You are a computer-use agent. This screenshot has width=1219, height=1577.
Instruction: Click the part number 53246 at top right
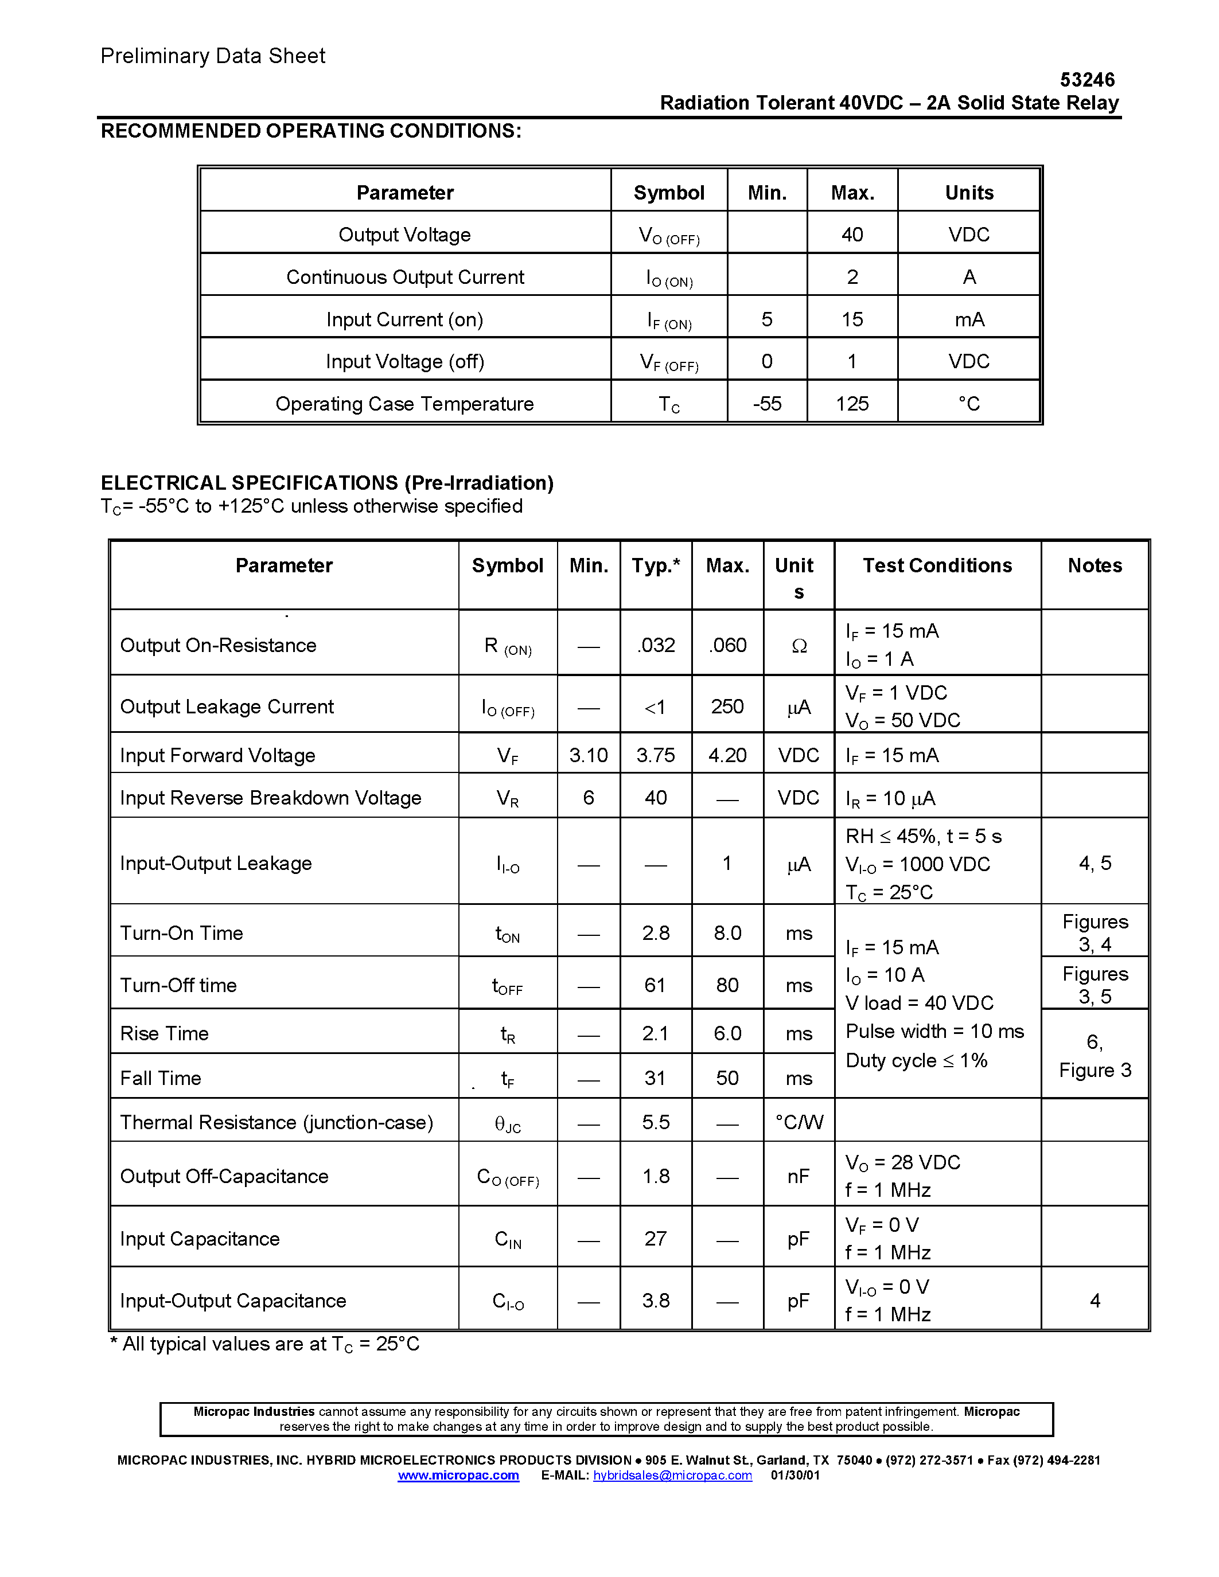click(x=1087, y=80)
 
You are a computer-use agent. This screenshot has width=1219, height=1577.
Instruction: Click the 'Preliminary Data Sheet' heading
click(x=213, y=56)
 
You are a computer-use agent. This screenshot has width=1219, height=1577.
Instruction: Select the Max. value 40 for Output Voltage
click(x=852, y=235)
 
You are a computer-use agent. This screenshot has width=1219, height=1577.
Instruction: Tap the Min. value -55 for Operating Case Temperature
click(x=767, y=404)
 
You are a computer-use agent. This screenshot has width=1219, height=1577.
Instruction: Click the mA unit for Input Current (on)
click(x=969, y=319)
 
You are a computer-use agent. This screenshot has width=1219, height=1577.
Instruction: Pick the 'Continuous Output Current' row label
click(x=405, y=278)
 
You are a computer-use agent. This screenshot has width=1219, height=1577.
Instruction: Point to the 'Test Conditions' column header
click(x=937, y=565)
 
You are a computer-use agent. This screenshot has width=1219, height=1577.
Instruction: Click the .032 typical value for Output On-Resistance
click(x=656, y=645)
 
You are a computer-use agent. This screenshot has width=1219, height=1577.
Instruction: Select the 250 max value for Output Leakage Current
click(x=727, y=706)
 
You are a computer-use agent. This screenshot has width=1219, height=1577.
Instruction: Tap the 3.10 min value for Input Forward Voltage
click(x=589, y=755)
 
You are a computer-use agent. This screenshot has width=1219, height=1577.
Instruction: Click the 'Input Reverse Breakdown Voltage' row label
click(x=271, y=798)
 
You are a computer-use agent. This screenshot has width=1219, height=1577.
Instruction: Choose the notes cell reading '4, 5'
click(x=1095, y=863)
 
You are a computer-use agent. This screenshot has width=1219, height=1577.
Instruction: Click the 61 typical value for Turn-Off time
click(x=655, y=985)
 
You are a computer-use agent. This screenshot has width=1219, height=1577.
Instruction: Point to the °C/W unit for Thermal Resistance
click(x=799, y=1122)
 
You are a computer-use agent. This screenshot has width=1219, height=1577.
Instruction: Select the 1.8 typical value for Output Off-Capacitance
click(x=656, y=1176)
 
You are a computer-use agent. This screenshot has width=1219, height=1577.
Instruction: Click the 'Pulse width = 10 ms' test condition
click(x=934, y=1031)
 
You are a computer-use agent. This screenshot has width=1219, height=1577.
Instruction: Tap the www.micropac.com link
click(x=458, y=1475)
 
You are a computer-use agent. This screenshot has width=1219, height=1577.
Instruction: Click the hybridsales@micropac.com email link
click(x=672, y=1475)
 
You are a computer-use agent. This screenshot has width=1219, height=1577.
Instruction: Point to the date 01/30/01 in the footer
click(x=795, y=1475)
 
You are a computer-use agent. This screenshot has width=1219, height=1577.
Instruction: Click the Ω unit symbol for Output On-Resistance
click(x=799, y=646)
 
